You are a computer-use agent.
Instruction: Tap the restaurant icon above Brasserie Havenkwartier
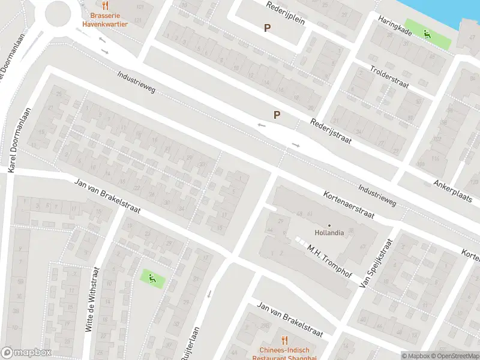105,5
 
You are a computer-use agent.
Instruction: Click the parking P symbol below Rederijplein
268,28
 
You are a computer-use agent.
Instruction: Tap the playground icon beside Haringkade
427,34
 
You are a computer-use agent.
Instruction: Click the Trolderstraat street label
389,77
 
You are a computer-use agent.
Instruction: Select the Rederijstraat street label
330,131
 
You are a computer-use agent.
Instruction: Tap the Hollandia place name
329,233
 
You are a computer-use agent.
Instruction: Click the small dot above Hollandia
329,226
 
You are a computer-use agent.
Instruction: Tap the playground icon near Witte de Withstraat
151,277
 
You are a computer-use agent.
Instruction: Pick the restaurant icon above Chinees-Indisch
284,340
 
